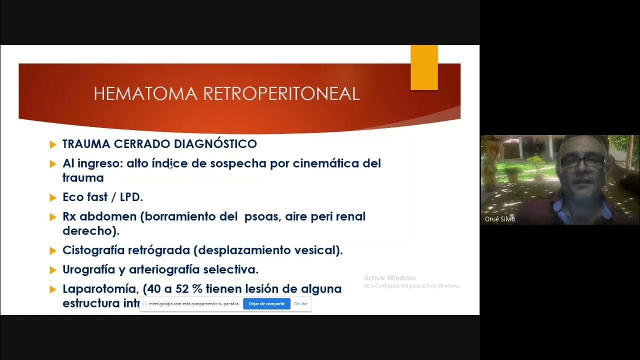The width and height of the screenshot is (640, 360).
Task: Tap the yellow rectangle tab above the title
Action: tap(424, 67)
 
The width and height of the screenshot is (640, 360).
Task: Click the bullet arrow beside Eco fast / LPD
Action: tap(53, 197)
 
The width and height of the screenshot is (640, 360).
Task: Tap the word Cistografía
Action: tap(93, 250)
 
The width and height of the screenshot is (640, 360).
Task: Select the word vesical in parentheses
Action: tap(316, 250)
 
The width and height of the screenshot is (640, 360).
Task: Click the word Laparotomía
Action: tap(99, 289)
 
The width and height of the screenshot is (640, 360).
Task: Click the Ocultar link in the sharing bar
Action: tap(300, 303)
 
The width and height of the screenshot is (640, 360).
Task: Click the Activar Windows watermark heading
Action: tap(389, 278)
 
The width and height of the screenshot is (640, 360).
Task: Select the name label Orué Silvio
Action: tap(499, 219)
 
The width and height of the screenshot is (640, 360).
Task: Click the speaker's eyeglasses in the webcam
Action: tap(582, 160)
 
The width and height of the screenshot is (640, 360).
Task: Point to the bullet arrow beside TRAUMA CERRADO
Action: tap(53, 144)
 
